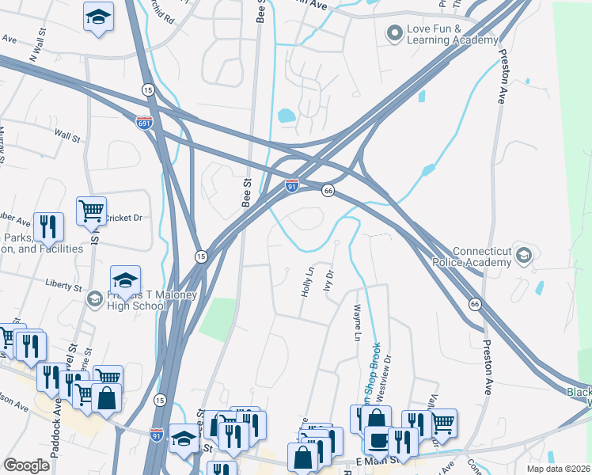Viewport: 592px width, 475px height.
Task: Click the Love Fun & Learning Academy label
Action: [453, 34]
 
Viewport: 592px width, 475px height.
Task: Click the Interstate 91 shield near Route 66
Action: [292, 186]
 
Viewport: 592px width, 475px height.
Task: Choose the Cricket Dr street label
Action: [122, 217]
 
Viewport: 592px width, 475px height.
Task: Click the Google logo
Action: [26, 465]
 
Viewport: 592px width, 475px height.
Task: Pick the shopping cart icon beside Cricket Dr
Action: [92, 211]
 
